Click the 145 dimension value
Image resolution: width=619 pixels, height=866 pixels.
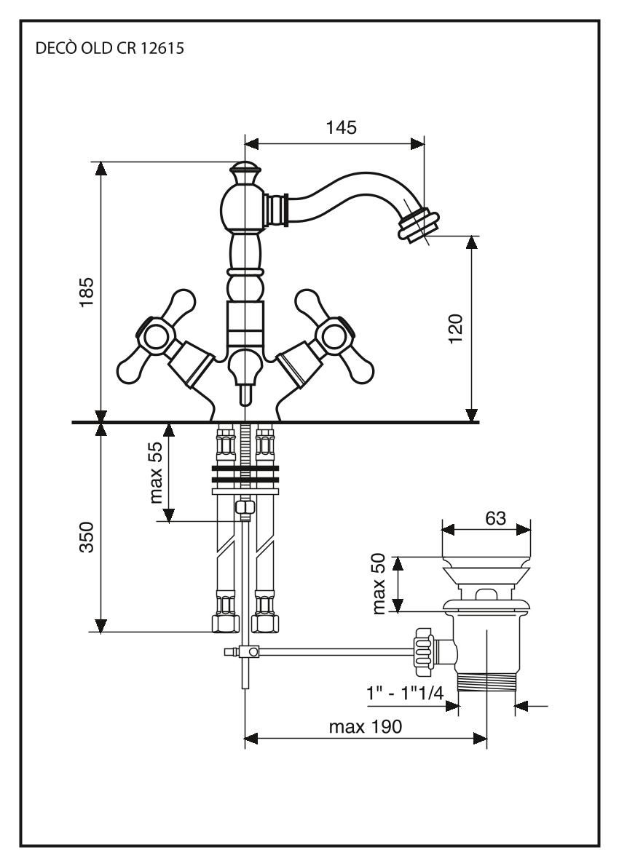[341, 128]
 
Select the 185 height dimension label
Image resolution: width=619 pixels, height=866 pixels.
[87, 293]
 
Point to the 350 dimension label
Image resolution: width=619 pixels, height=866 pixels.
[87, 537]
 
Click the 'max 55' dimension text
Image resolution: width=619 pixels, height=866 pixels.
[157, 473]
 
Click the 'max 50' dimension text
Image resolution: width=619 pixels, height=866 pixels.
[379, 584]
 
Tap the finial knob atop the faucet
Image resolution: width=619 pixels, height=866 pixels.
[245, 175]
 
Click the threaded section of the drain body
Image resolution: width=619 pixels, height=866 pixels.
[486, 684]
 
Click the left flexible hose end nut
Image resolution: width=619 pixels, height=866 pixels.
[224, 623]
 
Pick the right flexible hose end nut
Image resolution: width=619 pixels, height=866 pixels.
[264, 623]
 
